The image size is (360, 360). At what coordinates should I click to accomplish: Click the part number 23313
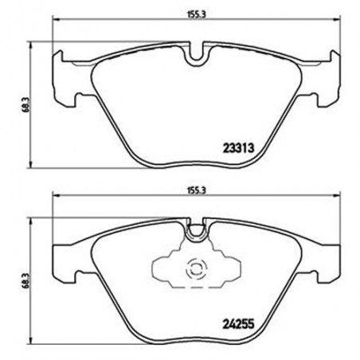tap(237, 146)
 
